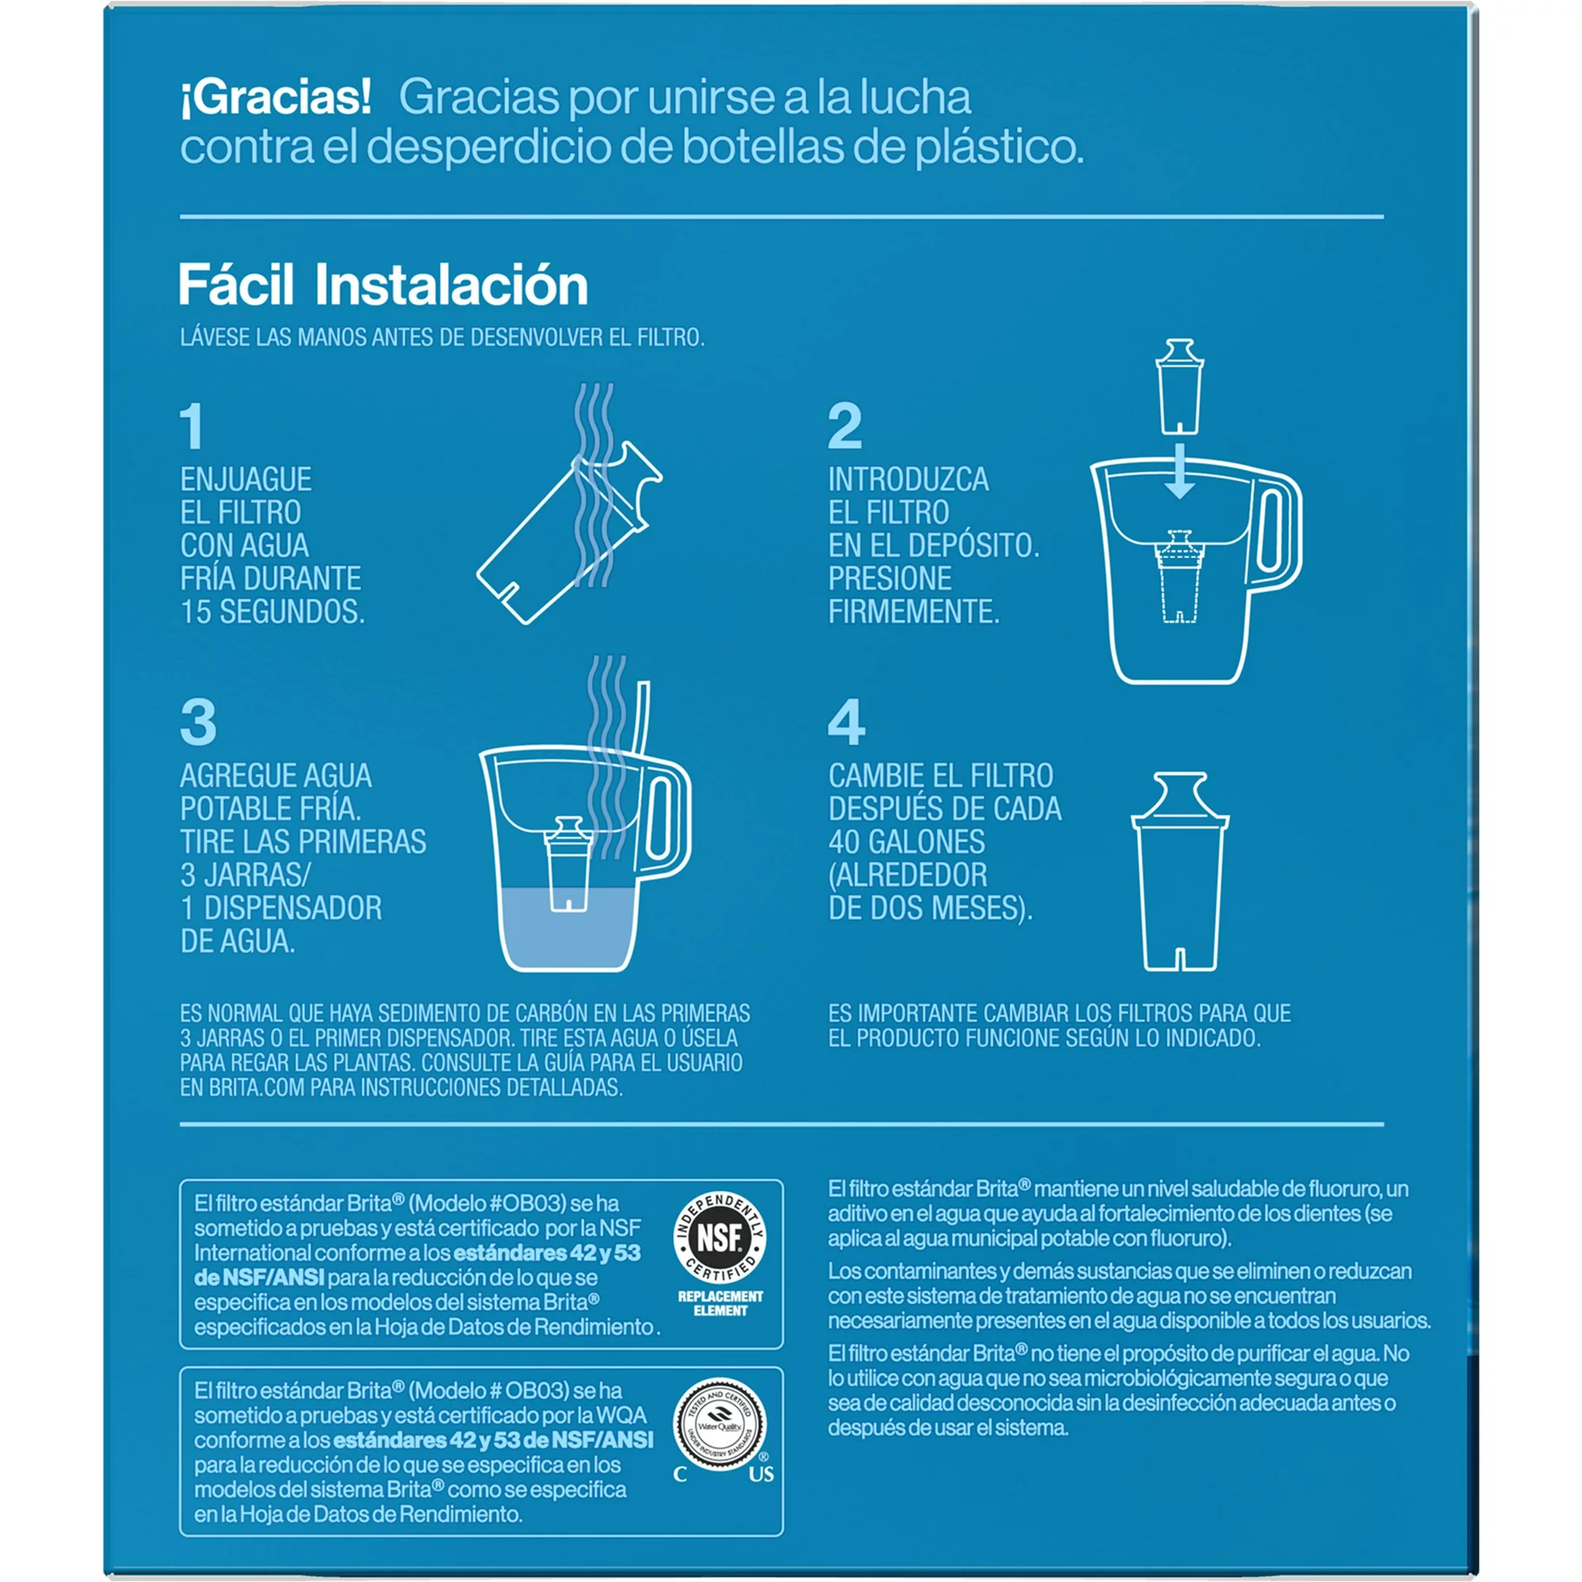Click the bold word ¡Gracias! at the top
coord(276,98)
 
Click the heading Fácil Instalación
coord(383,285)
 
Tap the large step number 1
coord(192,426)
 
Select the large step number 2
coord(845,426)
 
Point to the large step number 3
coord(199,722)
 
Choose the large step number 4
coord(846,722)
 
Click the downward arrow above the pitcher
coord(1179,471)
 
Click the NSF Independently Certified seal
coord(720,1238)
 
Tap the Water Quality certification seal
coord(720,1425)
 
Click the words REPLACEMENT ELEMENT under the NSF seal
coord(720,1304)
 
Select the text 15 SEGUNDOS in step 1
coord(273,611)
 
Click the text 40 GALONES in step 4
coord(906,842)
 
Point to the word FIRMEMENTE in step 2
coord(914,611)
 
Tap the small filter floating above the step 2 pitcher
coord(1179,386)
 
